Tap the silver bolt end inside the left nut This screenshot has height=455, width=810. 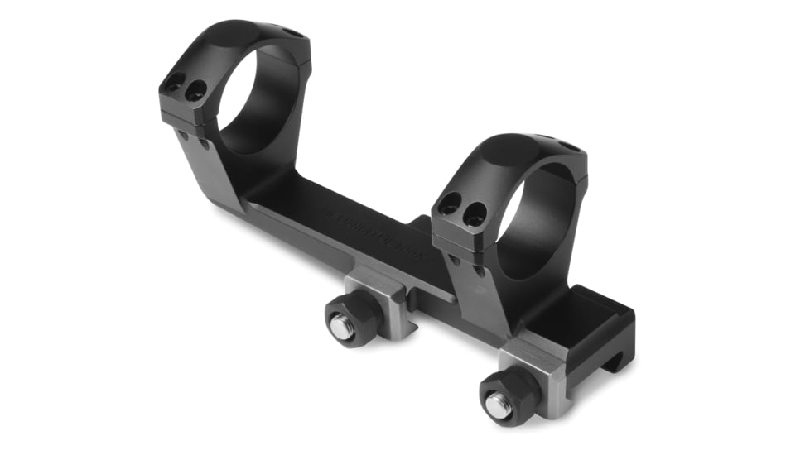tap(344, 325)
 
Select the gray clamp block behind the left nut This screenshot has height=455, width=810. tap(377, 294)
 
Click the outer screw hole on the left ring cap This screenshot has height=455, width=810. tap(175, 84)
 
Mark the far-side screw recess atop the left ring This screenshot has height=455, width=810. tap(292, 33)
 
